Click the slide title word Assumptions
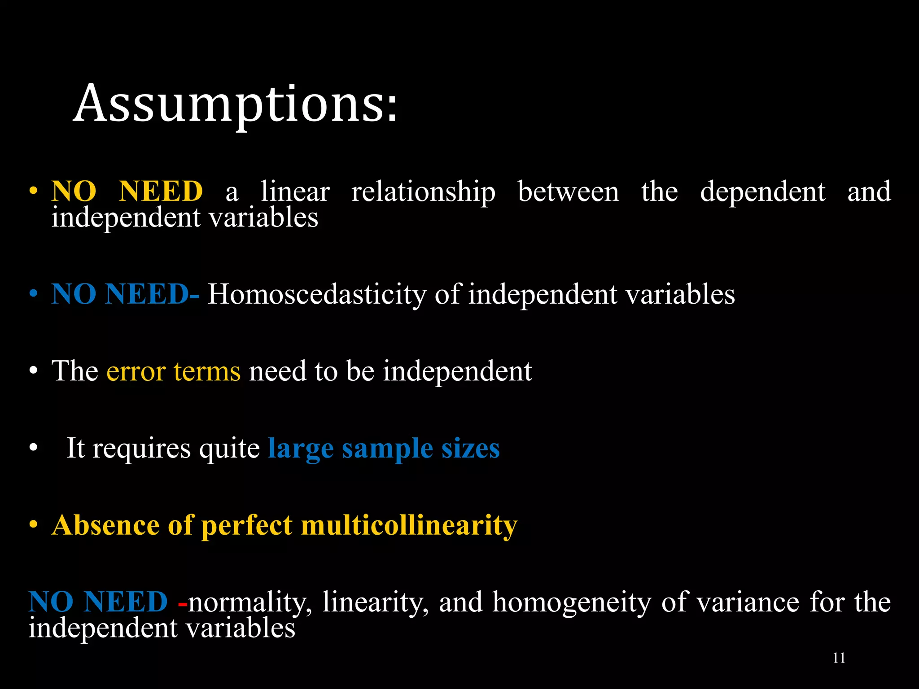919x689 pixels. [235, 104]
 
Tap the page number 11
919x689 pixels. [839, 658]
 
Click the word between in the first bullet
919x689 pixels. [568, 192]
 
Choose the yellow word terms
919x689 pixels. [207, 372]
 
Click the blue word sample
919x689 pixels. [387, 449]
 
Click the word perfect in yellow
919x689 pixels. [247, 526]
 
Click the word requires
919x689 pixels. [142, 449]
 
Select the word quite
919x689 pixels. [229, 449]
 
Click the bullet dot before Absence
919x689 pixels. [33, 525]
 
